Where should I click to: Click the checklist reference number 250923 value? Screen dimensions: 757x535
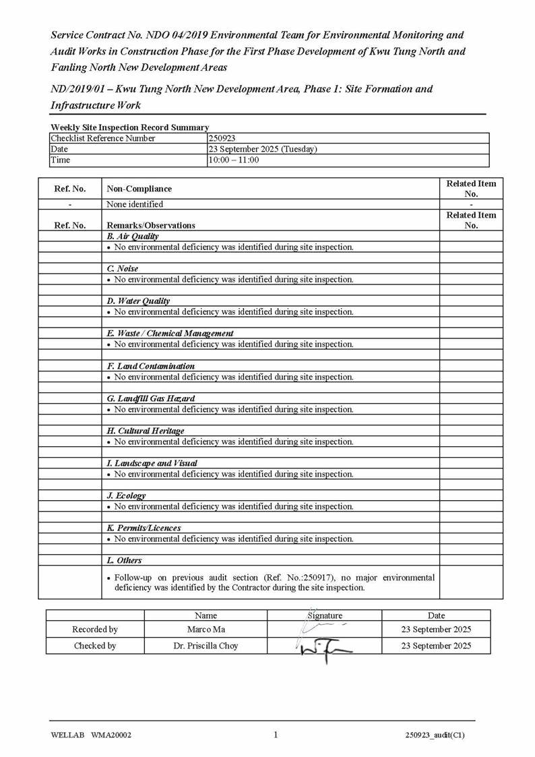[x=222, y=138]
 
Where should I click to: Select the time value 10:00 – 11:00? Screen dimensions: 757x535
[x=233, y=160]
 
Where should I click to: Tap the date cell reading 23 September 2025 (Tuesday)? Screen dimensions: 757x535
[x=262, y=149]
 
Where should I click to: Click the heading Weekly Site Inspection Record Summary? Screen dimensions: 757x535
[x=129, y=127]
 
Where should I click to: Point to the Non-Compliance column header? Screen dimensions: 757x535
[x=139, y=189]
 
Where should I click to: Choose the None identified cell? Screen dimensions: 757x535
[x=135, y=204]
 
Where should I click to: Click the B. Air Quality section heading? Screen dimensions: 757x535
[x=133, y=237]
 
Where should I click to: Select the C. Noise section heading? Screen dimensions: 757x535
[x=123, y=269]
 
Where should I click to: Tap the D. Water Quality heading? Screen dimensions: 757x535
[x=138, y=301]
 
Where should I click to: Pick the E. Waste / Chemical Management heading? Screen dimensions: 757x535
[x=170, y=334]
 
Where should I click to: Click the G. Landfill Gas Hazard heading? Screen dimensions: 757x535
[x=150, y=398]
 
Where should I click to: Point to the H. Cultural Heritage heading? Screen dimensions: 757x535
[x=145, y=431]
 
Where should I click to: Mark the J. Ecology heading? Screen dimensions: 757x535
[x=126, y=495]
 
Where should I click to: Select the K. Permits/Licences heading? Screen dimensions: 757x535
[x=144, y=528]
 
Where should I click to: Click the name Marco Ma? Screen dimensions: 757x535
[x=206, y=630]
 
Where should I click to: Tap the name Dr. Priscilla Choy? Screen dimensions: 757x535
[x=206, y=646]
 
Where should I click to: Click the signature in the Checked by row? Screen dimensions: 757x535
[x=323, y=648]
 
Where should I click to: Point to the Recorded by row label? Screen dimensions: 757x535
[x=95, y=630]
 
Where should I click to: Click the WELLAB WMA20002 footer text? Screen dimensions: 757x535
[x=90, y=735]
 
